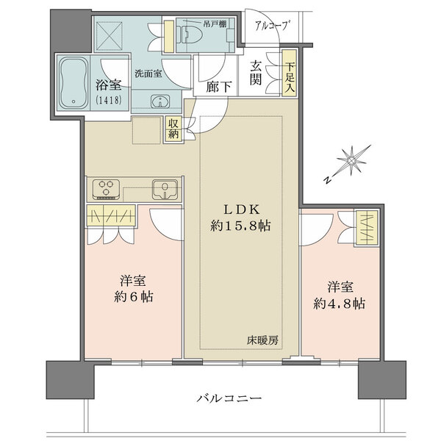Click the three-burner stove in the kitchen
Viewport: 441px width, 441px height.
point(107,190)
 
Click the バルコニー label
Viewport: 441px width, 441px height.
point(229,398)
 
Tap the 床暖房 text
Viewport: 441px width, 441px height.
point(262,341)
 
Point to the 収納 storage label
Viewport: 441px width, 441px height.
point(173,129)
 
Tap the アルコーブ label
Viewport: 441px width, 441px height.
point(272,27)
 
